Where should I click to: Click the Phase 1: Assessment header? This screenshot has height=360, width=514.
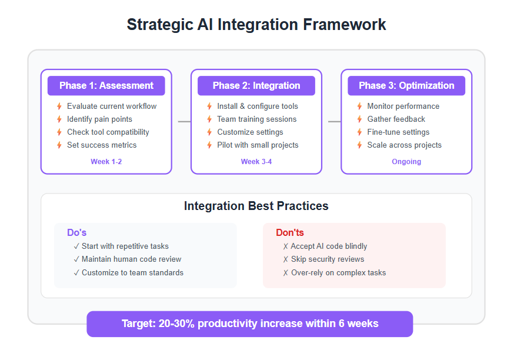(106, 85)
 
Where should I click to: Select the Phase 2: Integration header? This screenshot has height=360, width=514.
(256, 85)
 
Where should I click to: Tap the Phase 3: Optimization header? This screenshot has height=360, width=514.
(406, 85)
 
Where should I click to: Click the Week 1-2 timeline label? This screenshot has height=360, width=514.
(106, 162)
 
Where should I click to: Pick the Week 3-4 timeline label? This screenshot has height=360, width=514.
(256, 162)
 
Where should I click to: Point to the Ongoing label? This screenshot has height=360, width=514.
(406, 162)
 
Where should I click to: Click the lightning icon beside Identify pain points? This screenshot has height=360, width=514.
(59, 119)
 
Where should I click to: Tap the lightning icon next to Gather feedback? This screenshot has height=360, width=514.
(359, 119)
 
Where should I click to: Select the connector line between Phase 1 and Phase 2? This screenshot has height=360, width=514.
(184, 122)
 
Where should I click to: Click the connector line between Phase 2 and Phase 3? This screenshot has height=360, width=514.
(335, 122)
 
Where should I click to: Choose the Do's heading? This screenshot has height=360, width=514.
(76, 232)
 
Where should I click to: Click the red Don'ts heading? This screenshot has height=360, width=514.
(290, 232)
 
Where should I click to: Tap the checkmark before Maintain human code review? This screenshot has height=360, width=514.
(76, 259)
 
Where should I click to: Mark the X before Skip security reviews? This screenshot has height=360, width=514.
(285, 259)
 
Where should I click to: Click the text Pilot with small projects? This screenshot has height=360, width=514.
(258, 145)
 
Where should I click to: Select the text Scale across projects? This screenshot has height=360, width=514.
(404, 145)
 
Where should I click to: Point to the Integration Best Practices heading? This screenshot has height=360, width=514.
(256, 206)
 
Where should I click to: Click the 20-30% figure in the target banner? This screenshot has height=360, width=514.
(176, 324)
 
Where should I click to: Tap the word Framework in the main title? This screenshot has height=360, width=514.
(344, 25)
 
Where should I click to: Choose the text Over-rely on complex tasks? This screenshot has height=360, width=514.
(338, 273)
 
